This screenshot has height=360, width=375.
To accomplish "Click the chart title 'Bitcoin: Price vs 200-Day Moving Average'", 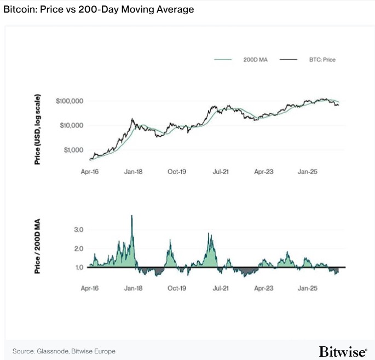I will pyautogui.click(x=99, y=10).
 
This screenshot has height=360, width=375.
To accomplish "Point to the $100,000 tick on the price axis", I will pyautogui.click(x=69, y=101).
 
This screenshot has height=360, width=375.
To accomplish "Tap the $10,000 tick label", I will pyautogui.click(x=71, y=125).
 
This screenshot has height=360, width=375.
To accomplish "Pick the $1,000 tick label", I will pyautogui.click(x=72, y=149).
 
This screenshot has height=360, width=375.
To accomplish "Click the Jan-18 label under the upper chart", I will pyautogui.click(x=133, y=171).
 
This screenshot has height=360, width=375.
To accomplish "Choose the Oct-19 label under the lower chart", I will pyautogui.click(x=177, y=287).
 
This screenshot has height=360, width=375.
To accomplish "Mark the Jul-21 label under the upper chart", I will pyautogui.click(x=220, y=171).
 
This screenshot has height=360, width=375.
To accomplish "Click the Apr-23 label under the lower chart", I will pyautogui.click(x=264, y=287).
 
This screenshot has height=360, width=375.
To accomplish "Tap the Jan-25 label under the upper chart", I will pyautogui.click(x=307, y=171).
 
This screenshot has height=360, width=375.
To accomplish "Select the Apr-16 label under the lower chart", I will pyautogui.click(x=90, y=287).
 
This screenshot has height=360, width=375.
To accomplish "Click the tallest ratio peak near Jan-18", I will pyautogui.click(x=131, y=217).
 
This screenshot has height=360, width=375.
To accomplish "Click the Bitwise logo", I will pyautogui.click(x=343, y=351).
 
